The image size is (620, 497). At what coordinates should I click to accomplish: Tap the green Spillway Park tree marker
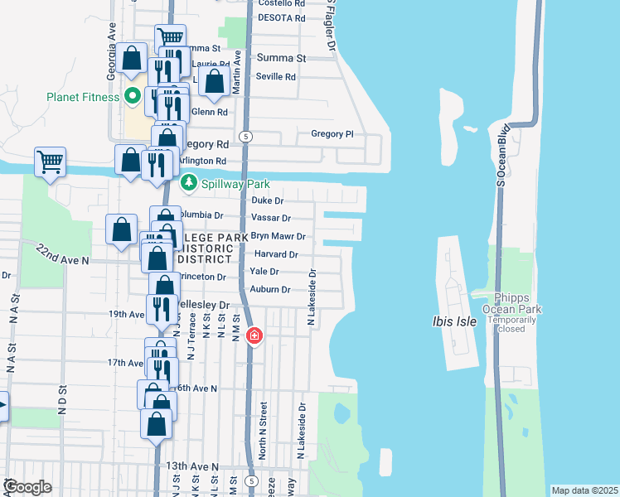pos(189,181)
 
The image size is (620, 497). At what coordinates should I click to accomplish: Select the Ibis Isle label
pos(454,321)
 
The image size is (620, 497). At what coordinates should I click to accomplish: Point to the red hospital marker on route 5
pos(254,336)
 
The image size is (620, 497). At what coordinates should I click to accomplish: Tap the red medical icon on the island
pos(470,129)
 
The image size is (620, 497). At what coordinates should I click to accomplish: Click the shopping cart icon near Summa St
pos(170,38)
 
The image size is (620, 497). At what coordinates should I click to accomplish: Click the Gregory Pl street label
pos(332,133)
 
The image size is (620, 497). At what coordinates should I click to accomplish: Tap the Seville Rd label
pos(276,77)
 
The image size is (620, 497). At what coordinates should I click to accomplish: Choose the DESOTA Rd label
pos(281,17)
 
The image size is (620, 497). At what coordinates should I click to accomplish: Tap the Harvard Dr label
pos(275,255)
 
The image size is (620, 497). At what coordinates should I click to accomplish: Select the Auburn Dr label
pos(270,290)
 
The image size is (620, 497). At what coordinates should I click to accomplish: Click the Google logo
pos(27,488)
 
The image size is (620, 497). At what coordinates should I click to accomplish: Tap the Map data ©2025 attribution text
pos(584,490)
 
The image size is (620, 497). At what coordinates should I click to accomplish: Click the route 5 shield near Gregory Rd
pos(246,135)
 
